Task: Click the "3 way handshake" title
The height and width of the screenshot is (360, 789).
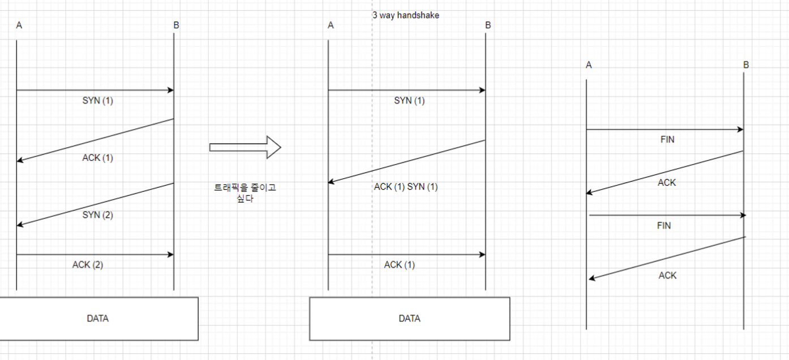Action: coord(405,15)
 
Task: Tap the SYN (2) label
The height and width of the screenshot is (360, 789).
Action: coord(98,215)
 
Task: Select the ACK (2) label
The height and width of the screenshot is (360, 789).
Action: coord(88,264)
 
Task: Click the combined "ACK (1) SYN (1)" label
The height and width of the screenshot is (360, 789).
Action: coord(406,187)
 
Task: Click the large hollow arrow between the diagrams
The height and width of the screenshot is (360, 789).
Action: coord(245,147)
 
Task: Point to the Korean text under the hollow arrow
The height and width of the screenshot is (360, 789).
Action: coord(245,193)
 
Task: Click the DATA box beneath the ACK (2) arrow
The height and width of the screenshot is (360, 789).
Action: coord(97,319)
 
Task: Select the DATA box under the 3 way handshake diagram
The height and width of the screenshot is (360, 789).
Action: coord(409,319)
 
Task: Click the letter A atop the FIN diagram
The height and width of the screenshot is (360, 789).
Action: coord(589,65)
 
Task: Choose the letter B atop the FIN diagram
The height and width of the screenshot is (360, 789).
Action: coord(746,65)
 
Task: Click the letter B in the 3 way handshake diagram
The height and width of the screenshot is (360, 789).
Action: coord(488,25)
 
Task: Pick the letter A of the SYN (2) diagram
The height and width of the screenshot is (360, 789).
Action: coord(19,25)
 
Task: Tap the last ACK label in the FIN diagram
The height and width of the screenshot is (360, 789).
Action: coord(667,276)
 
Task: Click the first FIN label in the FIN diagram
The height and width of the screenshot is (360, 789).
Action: coord(667,139)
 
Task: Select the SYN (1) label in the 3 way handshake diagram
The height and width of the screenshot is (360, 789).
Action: coord(409,101)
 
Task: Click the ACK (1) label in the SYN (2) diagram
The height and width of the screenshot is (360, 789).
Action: coord(98,158)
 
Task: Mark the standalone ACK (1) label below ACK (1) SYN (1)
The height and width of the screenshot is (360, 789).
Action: coord(400,264)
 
